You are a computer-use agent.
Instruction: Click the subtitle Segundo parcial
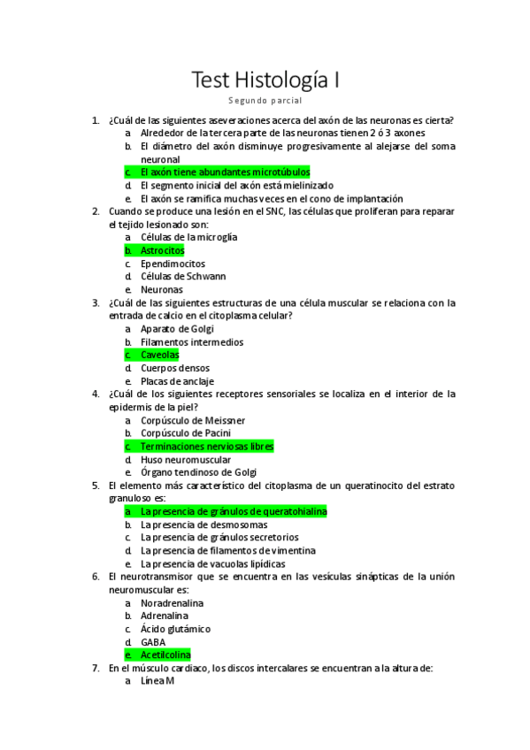(x=265, y=102)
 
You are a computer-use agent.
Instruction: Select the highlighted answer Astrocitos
(x=162, y=250)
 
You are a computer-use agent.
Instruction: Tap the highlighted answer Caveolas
(x=159, y=355)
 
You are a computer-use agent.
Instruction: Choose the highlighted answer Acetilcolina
(x=165, y=655)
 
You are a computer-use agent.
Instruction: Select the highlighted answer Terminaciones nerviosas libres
(x=207, y=447)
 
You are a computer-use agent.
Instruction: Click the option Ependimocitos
(x=173, y=264)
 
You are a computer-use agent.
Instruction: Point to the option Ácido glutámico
(x=175, y=629)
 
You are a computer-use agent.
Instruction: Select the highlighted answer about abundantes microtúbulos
(x=225, y=172)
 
